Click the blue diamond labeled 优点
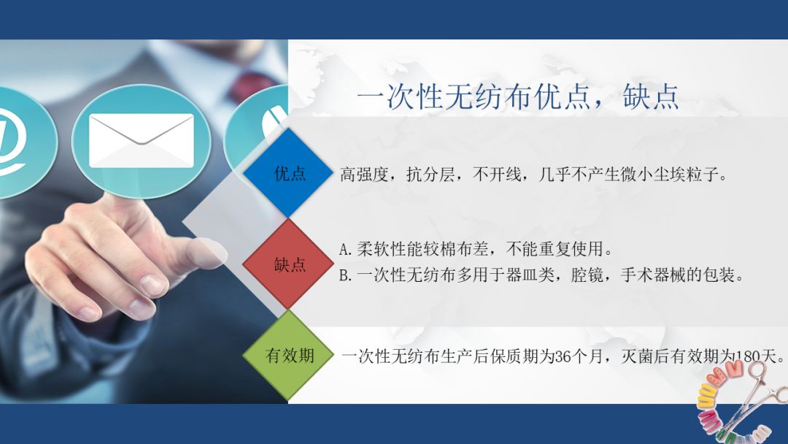(290, 174)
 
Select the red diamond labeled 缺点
(290, 264)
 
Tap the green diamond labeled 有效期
(290, 356)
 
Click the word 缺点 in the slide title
(651, 96)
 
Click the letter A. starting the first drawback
(347, 249)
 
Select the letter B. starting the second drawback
(347, 276)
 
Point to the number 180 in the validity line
(749, 357)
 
